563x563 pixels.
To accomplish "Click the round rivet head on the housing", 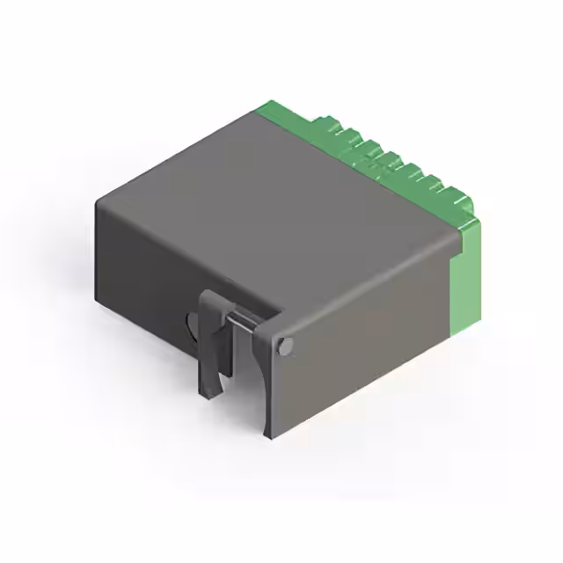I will tap(284, 346).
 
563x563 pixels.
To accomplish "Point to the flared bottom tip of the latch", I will tap(210, 391).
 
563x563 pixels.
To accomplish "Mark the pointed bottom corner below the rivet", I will tap(267, 435).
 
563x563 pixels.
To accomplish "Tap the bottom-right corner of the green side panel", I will tap(451, 336).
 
